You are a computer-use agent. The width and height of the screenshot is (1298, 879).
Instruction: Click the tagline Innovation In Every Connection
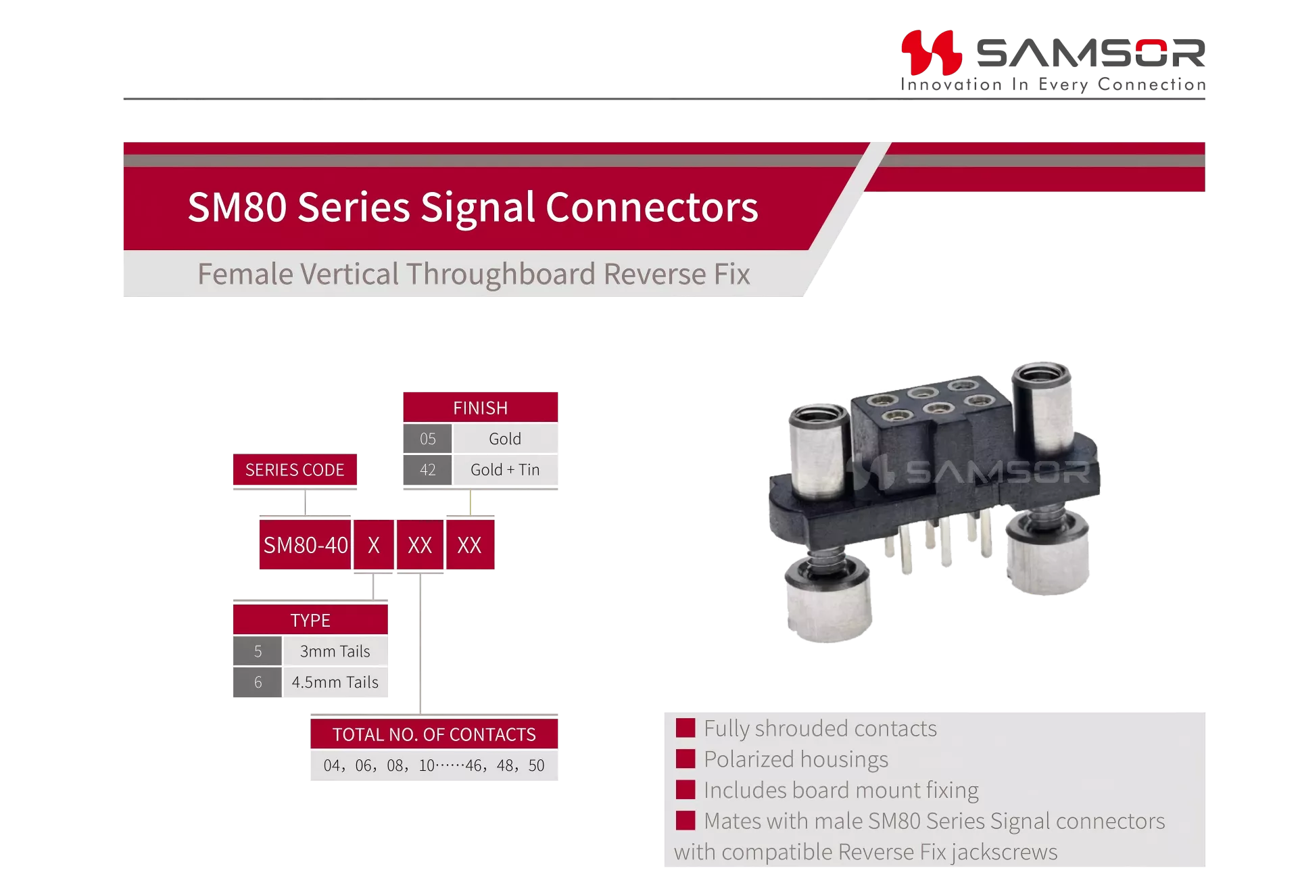click(1053, 85)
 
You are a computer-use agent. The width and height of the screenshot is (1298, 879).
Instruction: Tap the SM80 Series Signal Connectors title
click(473, 207)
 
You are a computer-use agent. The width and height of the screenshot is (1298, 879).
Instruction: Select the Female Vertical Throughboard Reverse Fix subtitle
click(473, 275)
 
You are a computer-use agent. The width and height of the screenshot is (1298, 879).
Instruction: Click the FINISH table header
click(481, 408)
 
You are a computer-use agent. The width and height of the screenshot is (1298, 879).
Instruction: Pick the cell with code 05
click(427, 439)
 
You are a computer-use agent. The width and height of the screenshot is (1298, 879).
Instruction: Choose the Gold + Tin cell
click(505, 470)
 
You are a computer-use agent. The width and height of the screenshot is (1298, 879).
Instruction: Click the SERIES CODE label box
click(295, 470)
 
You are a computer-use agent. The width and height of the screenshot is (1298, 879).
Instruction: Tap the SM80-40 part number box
click(306, 545)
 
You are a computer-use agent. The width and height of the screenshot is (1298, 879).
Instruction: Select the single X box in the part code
click(374, 545)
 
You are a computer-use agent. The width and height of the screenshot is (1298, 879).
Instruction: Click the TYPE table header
click(310, 620)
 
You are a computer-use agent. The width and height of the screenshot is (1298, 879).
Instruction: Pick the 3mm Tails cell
click(335, 651)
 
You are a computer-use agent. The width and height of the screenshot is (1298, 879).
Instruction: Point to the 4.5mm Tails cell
click(335, 682)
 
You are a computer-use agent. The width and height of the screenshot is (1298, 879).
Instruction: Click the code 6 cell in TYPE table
click(258, 682)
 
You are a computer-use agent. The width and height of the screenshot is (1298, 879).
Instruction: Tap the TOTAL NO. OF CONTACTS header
click(434, 734)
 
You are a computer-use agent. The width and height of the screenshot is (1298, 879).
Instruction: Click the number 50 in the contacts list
click(536, 765)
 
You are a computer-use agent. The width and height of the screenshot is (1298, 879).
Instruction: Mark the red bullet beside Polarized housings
click(686, 759)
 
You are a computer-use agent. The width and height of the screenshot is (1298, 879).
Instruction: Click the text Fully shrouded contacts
click(820, 729)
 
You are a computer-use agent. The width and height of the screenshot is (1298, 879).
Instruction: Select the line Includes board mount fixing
click(841, 790)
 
